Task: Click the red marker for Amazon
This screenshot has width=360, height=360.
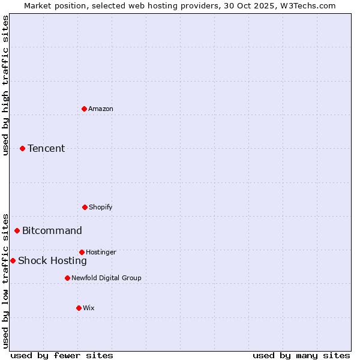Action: point(84,109)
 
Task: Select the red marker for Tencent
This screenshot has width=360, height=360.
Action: point(22,148)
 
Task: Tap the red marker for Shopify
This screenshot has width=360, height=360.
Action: point(85,207)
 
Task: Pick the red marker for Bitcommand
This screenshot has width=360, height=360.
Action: point(17,230)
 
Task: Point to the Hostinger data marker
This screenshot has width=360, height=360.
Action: point(82,252)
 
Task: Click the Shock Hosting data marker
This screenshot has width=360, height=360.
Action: point(13,260)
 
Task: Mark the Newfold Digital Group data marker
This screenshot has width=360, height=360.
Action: point(67,278)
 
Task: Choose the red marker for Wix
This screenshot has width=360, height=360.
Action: point(79,308)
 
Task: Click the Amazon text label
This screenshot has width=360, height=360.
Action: point(101,109)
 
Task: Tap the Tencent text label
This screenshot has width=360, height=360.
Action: point(46,148)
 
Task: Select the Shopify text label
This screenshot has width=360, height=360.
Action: point(101,207)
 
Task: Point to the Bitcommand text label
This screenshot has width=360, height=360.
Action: point(52,230)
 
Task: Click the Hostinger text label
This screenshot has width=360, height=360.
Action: point(101,252)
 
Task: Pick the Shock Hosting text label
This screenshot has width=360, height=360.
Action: point(52,260)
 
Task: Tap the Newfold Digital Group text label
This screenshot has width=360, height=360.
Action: point(106,278)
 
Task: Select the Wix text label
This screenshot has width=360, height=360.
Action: point(89,308)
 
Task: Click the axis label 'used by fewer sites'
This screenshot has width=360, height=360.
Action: point(62,355)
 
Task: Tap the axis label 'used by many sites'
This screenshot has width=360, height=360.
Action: point(301,355)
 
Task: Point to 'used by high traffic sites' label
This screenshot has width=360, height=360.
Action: point(5,85)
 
